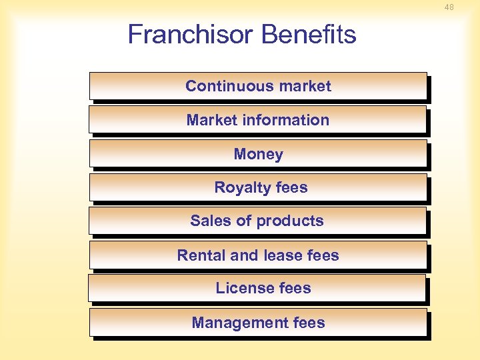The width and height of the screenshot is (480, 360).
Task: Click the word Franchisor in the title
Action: click(181, 35)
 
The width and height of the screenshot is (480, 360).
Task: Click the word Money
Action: click(258, 154)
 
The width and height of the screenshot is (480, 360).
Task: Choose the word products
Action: click(290, 221)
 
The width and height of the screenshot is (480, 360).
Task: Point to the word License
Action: click(241, 288)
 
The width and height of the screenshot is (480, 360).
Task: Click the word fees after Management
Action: click(308, 323)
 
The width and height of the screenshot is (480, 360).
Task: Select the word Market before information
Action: click(209, 120)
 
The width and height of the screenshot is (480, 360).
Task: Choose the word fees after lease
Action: click(323, 255)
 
